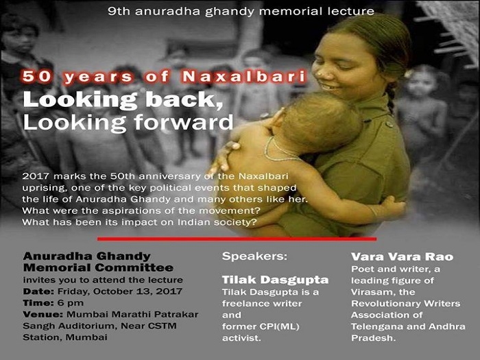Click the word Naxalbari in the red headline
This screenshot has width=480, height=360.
[x=244, y=77]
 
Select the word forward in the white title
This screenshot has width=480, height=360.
[x=184, y=123]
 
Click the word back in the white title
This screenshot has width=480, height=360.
[x=184, y=99]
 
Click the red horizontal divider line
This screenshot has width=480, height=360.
[x=237, y=239]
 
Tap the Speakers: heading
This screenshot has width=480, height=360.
[x=254, y=256]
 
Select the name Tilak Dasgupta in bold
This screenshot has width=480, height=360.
[x=275, y=280]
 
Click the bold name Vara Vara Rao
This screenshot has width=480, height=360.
[x=402, y=256]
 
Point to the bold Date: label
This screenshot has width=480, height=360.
[x=38, y=291]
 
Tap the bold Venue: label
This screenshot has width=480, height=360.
[x=43, y=314]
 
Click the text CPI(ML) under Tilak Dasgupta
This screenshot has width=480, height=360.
[x=280, y=326]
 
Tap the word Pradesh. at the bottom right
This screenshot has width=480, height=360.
[x=374, y=338]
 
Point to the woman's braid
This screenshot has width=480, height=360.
[x=391, y=98]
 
